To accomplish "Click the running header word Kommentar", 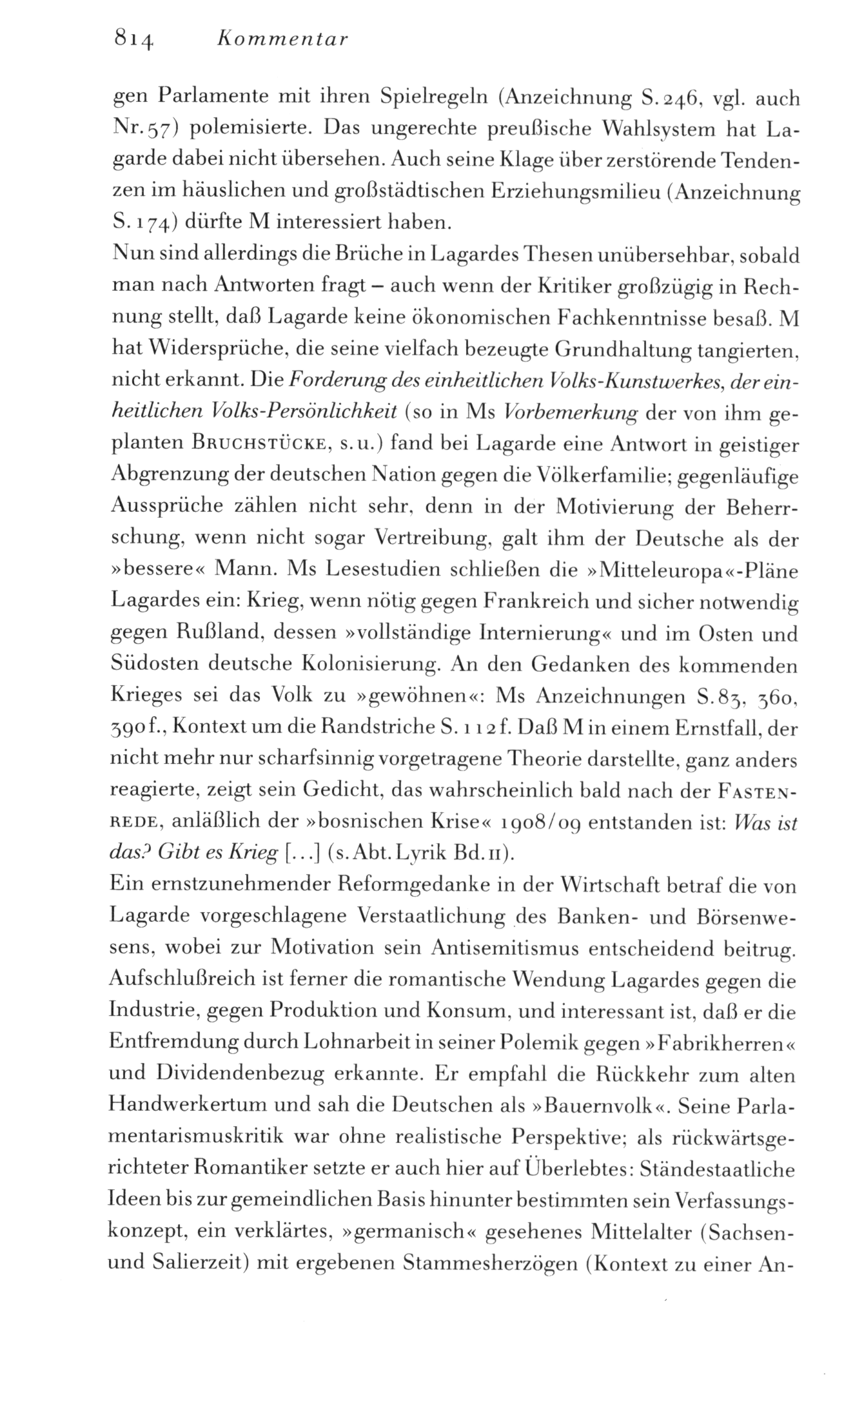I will [x=282, y=40].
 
